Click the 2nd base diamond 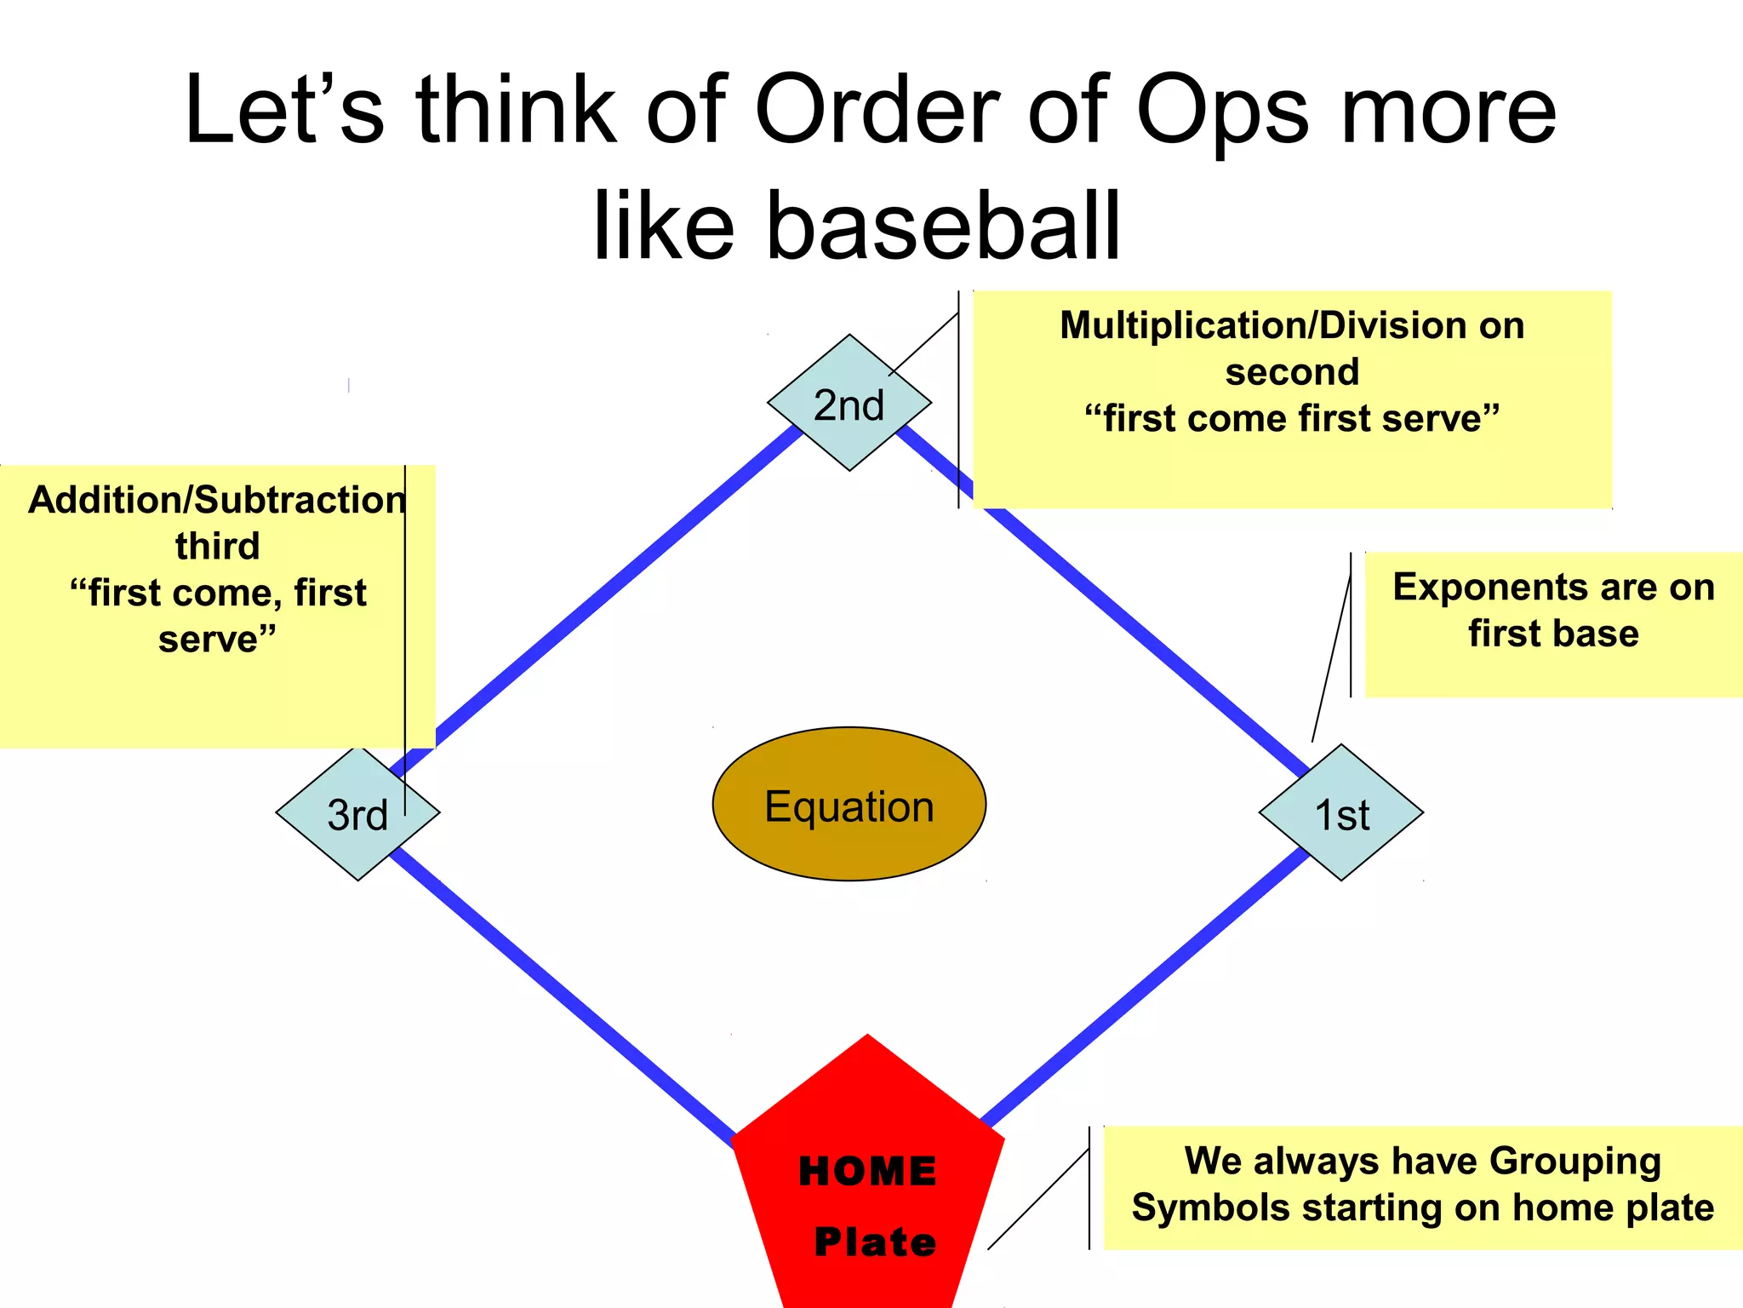[x=849, y=403]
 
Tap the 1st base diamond [x=1341, y=812]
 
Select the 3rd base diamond [x=357, y=813]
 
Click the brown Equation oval [x=849, y=805]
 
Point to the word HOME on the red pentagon [x=867, y=1171]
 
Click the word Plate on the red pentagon [x=875, y=1242]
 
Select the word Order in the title [x=877, y=111]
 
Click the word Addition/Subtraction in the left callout [x=216, y=500]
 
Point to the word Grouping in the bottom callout [x=1574, y=1161]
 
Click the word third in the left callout [x=217, y=546]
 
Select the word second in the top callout [x=1292, y=372]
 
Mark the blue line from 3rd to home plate [x=562, y=996]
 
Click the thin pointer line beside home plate [x=1038, y=1199]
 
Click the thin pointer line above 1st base [x=1332, y=656]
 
